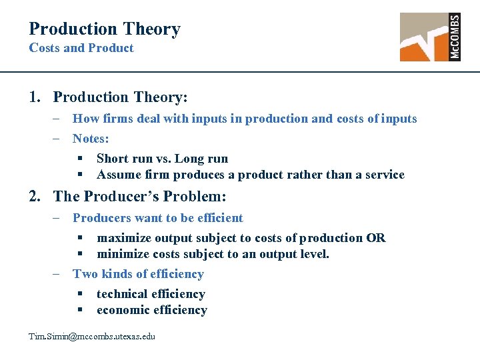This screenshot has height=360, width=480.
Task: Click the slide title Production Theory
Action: [x=105, y=29]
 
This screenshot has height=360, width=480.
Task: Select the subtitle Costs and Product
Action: [x=81, y=48]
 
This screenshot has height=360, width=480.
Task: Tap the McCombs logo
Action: [x=429, y=37]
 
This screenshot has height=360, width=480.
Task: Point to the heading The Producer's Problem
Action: [x=140, y=197]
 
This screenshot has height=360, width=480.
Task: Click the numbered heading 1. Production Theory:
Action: [x=108, y=97]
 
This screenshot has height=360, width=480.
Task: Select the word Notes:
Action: [x=91, y=139]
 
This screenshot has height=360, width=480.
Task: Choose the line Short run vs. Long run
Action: [x=162, y=159]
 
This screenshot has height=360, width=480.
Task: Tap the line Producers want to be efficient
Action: [x=158, y=218]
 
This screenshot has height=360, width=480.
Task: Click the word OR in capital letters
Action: [x=375, y=238]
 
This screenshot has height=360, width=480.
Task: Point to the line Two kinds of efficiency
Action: [x=138, y=274]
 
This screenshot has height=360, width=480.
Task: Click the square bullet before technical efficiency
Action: [x=79, y=294]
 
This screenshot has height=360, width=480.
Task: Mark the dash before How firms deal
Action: [x=57, y=119]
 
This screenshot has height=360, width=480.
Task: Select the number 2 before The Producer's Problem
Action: [x=33, y=197]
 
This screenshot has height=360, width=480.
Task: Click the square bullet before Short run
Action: [x=79, y=159]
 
